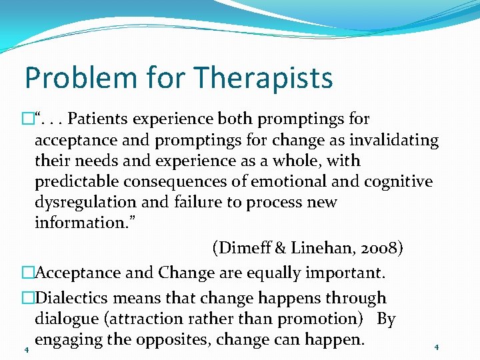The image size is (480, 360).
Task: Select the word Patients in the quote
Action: tap(101, 119)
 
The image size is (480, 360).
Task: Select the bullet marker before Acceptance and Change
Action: tap(27, 273)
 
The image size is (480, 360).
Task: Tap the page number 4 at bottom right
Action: tap(436, 347)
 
